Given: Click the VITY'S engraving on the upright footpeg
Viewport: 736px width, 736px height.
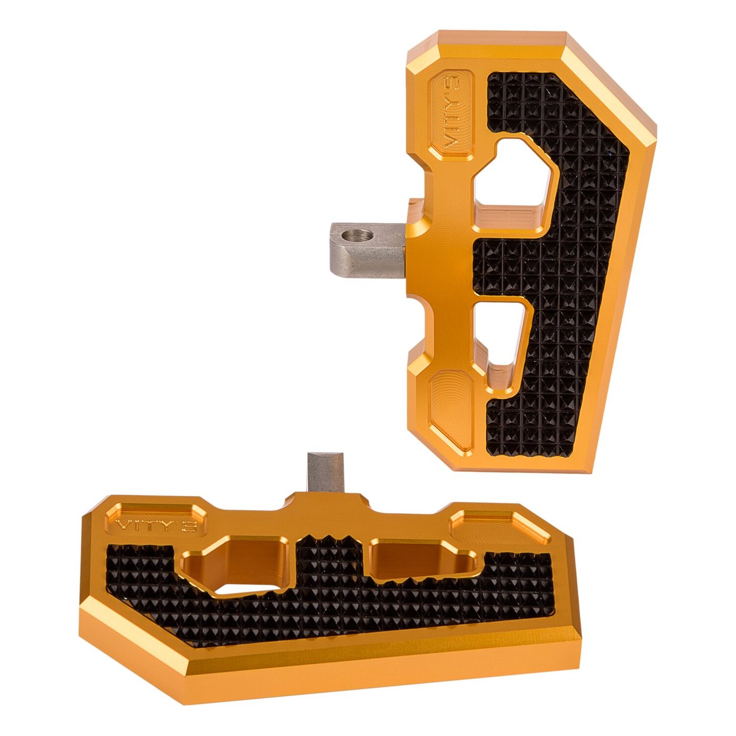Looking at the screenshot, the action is click(452, 115).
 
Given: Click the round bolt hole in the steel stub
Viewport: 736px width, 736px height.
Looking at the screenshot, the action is click(357, 236).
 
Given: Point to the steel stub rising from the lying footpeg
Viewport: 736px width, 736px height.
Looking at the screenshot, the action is click(326, 473).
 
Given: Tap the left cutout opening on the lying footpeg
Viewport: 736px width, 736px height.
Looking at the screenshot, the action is click(233, 565).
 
